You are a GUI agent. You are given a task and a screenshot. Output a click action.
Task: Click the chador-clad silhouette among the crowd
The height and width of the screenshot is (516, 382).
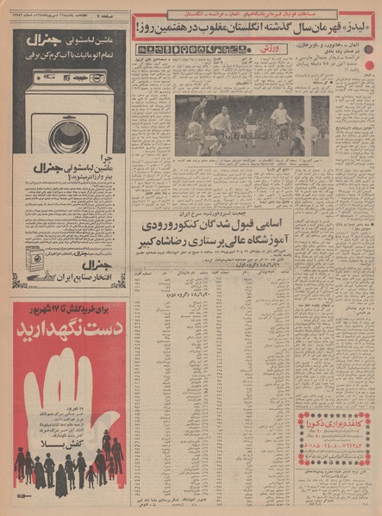click(x=61, y=479)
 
